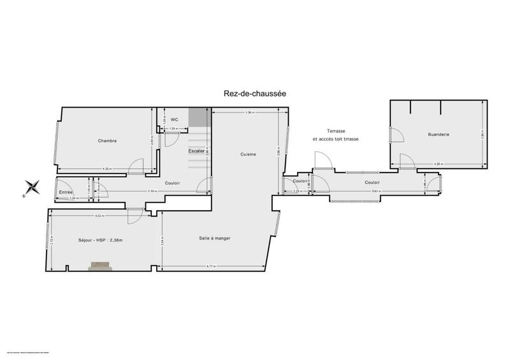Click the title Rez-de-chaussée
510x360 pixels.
(x=254, y=93)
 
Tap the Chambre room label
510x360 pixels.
(x=107, y=141)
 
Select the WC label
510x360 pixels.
(x=173, y=119)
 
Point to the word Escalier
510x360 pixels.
(x=196, y=151)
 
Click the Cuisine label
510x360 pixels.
(x=249, y=154)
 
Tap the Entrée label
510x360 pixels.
(x=65, y=192)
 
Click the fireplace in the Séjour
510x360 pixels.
(x=100, y=266)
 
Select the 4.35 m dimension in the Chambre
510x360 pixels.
(x=106, y=169)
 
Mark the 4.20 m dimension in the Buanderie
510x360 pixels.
(x=439, y=164)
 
